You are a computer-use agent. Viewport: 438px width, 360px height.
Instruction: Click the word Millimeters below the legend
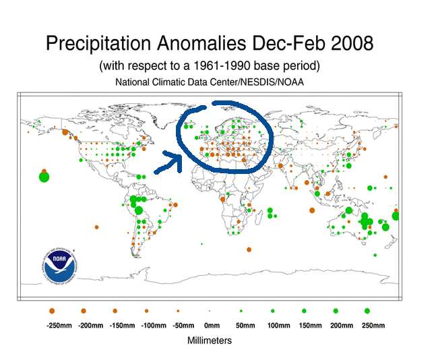(209, 340)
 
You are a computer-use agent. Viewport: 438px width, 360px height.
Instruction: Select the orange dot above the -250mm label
(52, 311)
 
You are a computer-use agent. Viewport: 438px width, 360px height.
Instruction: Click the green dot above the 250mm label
(367, 311)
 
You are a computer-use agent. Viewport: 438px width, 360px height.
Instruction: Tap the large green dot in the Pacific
(44, 177)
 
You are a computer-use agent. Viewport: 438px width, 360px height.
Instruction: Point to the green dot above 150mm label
(304, 311)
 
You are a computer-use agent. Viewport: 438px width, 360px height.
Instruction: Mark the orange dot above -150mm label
(115, 311)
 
